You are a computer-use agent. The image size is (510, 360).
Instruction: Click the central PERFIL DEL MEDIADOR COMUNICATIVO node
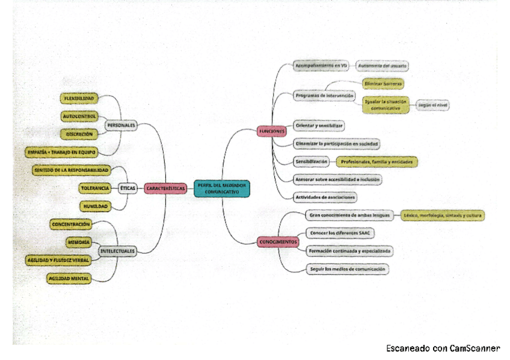(221, 188)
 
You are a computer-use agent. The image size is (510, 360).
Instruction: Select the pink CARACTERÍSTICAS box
(165, 188)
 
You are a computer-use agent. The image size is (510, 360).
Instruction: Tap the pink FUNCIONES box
(271, 131)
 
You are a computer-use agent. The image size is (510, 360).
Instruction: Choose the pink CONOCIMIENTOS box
(278, 242)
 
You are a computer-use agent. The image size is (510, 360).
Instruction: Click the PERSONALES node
(121, 126)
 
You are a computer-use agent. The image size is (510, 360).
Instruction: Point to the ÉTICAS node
(127, 188)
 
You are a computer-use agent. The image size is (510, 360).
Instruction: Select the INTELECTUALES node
(117, 251)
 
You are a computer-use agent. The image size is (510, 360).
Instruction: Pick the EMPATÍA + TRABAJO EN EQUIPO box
(62, 152)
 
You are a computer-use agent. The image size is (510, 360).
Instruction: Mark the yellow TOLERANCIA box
(95, 188)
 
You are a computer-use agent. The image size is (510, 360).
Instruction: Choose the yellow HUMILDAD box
(95, 206)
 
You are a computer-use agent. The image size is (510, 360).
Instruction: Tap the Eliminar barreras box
(382, 84)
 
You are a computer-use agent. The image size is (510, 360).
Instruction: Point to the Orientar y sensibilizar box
(319, 126)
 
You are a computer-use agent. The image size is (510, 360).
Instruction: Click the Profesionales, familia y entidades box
(376, 162)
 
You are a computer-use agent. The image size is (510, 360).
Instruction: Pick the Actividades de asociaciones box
(325, 197)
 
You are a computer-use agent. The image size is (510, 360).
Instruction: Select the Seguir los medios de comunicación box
(346, 269)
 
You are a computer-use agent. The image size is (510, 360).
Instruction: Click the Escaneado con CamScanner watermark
(443, 349)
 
